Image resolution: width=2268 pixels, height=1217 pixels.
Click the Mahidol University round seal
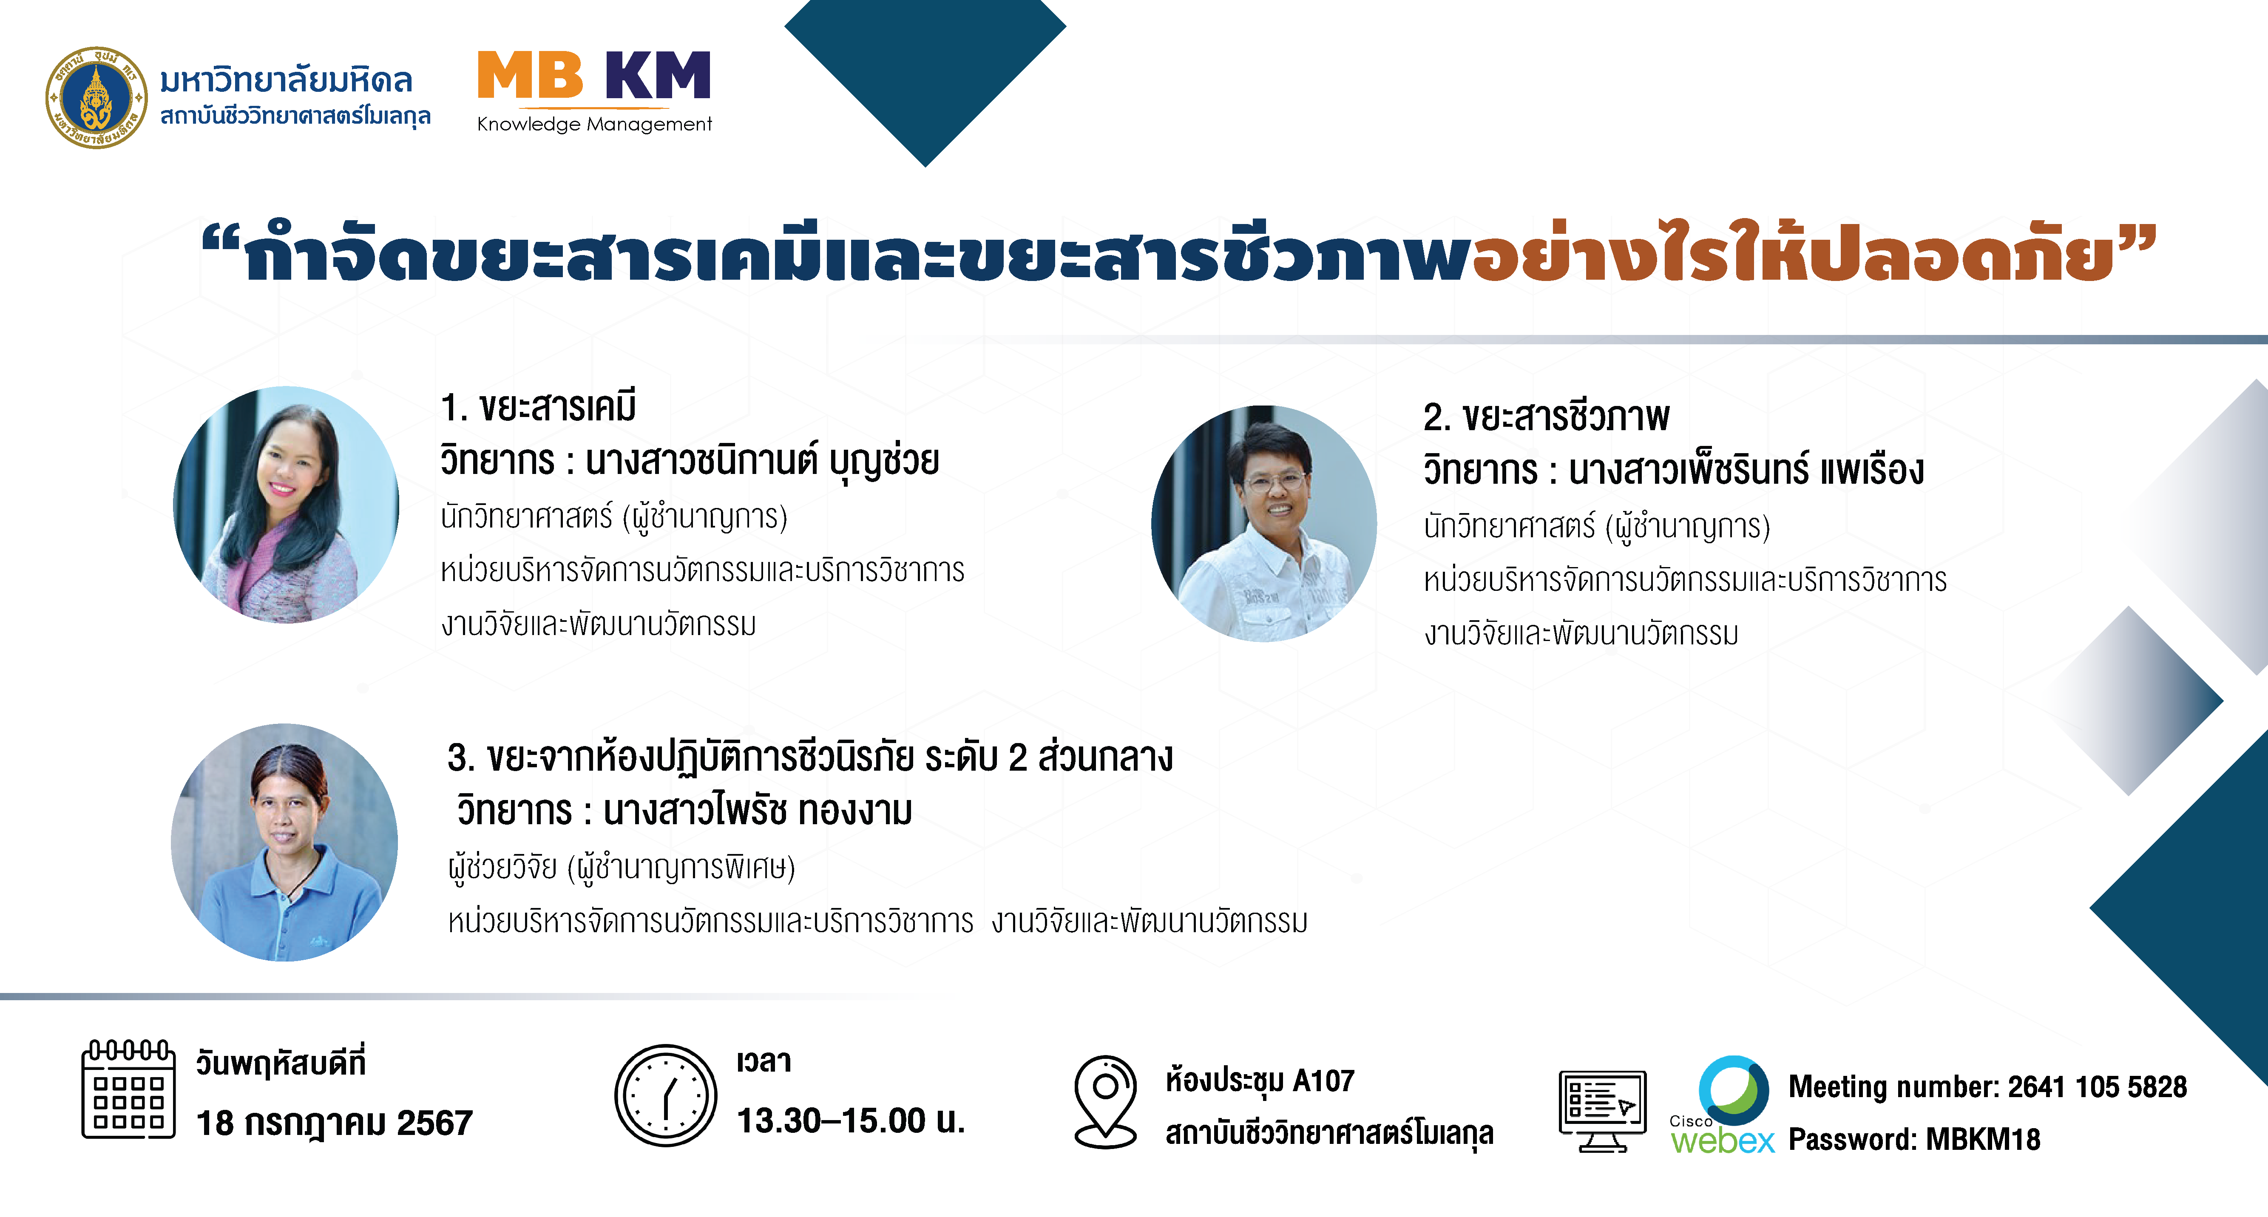coord(97,98)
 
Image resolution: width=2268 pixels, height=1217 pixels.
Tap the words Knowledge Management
coord(594,124)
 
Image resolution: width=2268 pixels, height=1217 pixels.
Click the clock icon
coord(666,1095)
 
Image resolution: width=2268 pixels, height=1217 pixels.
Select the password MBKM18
coord(1983,1140)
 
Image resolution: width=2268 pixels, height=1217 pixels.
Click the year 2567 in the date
coord(435,1123)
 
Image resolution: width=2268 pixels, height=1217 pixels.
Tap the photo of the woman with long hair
coord(286,505)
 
